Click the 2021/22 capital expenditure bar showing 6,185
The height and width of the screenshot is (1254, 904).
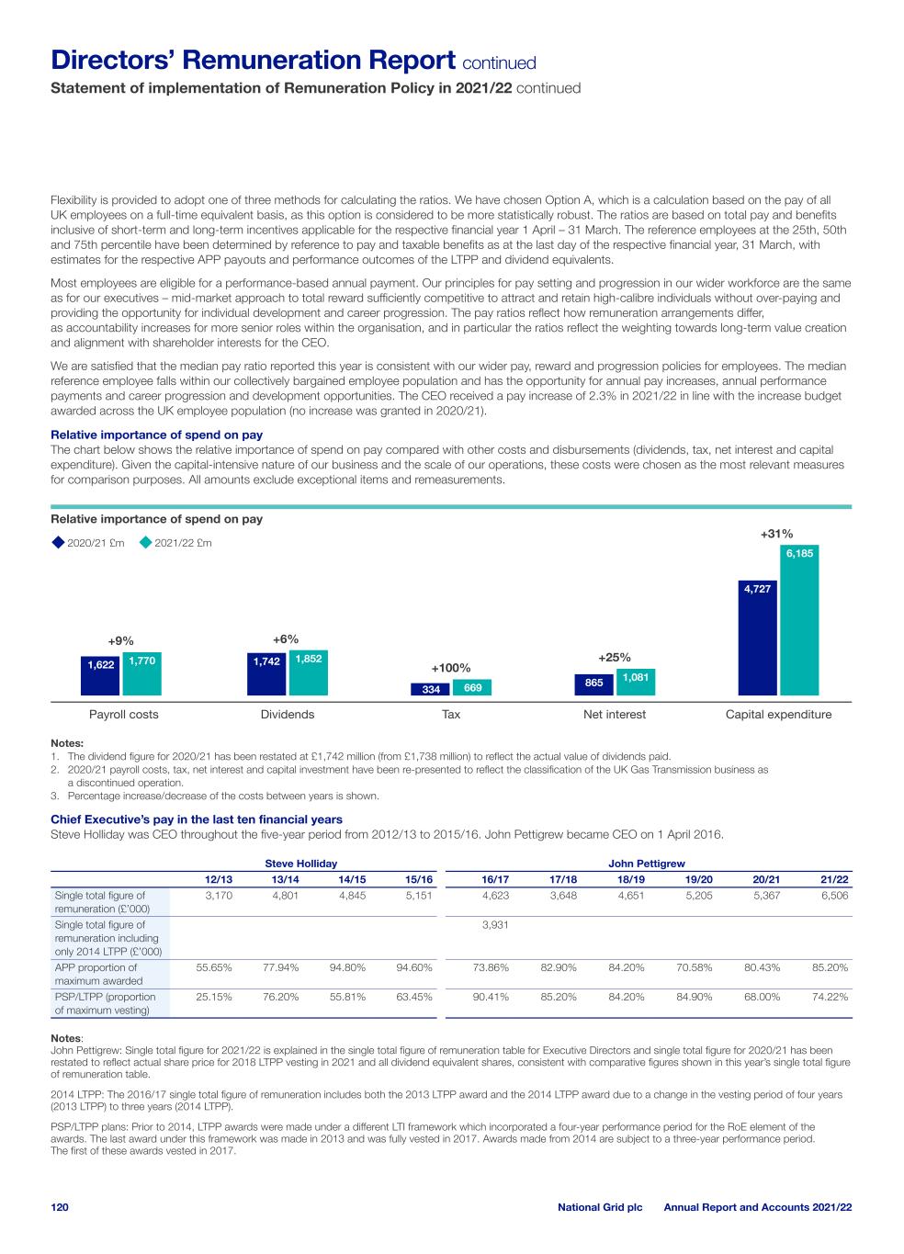(x=799, y=620)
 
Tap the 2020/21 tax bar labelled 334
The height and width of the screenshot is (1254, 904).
(x=430, y=689)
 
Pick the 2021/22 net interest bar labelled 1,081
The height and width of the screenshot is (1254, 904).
(x=635, y=682)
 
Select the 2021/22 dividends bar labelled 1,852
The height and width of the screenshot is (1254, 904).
(x=308, y=672)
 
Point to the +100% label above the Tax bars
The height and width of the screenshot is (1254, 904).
(x=451, y=668)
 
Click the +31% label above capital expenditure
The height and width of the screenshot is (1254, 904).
(x=776, y=534)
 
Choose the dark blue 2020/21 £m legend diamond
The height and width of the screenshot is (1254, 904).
(x=59, y=543)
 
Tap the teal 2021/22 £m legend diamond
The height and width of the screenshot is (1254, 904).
(x=145, y=543)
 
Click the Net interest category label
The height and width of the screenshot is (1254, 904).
(x=615, y=715)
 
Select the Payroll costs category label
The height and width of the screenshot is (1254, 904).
(x=123, y=715)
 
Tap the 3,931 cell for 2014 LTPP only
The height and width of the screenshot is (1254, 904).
(x=495, y=925)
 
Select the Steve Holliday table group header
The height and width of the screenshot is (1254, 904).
(x=301, y=864)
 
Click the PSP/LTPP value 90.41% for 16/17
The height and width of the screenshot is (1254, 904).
(x=491, y=997)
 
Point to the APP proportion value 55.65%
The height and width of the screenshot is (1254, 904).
(x=214, y=967)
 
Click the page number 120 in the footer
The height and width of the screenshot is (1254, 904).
(x=60, y=1207)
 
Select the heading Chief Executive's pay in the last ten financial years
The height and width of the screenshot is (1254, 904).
(x=196, y=819)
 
